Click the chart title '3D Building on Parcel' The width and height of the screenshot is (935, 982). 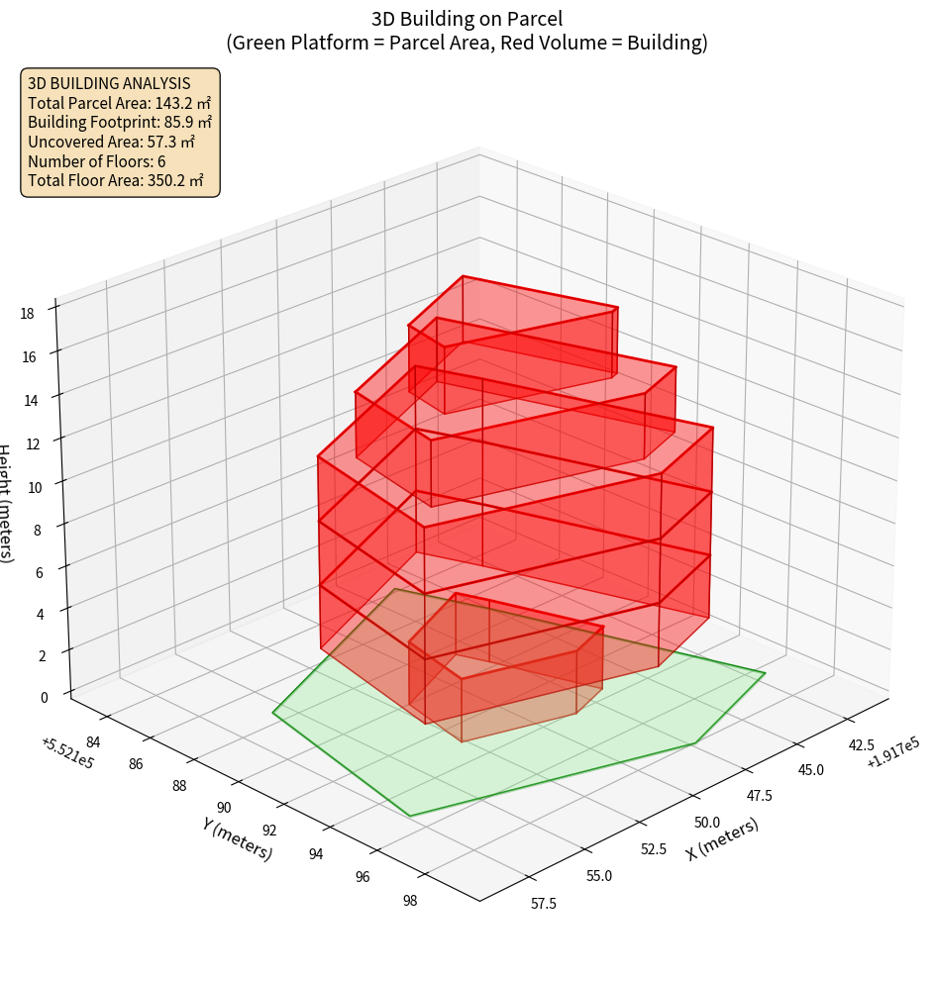coord(467,18)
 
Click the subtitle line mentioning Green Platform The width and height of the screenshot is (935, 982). coord(467,43)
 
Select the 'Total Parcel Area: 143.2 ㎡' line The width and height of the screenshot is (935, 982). coord(120,103)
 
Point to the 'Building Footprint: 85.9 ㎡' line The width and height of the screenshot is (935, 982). coord(120,122)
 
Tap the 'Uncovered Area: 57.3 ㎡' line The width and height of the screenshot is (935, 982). coord(114,142)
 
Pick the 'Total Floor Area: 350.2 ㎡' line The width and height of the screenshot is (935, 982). coord(116,180)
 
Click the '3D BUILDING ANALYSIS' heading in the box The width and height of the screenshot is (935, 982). coord(109,83)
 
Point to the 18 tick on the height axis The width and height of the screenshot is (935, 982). coord(27,313)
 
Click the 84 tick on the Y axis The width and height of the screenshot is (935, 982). coord(93,742)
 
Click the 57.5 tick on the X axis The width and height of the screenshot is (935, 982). coord(543,903)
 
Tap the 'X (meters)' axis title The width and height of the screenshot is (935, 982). coord(722,838)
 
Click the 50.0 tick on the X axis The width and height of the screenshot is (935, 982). coord(707,822)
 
